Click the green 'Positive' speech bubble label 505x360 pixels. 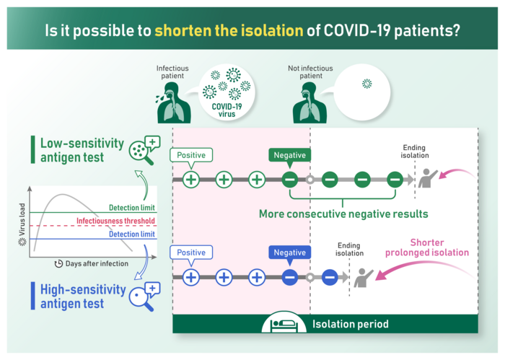click(x=191, y=155)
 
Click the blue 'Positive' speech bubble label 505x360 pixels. click(x=191, y=253)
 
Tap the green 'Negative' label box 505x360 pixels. click(x=289, y=155)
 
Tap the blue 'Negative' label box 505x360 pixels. click(x=289, y=253)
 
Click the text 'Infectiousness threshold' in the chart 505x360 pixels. click(x=116, y=221)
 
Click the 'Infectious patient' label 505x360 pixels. click(x=173, y=72)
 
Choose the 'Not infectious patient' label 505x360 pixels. click(x=305, y=72)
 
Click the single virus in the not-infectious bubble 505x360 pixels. click(x=366, y=84)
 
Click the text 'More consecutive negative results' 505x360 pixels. click(x=343, y=214)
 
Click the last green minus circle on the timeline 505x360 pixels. click(x=394, y=180)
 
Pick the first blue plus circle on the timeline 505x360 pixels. click(x=191, y=277)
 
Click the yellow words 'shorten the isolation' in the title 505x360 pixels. click(x=229, y=31)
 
